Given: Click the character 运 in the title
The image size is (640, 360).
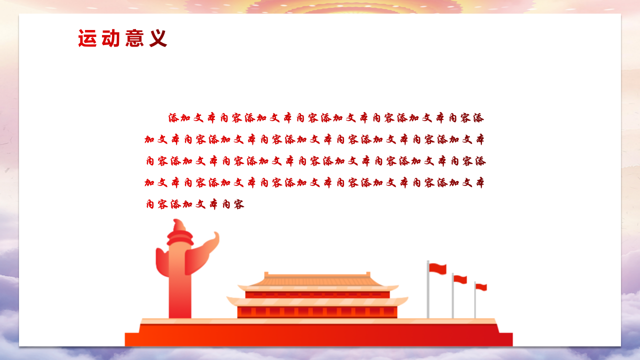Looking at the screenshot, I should pyautogui.click(x=87, y=38).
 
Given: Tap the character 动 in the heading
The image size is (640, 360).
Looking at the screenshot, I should pyautogui.click(x=110, y=38).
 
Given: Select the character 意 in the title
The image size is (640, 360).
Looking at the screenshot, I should pyautogui.click(x=134, y=38).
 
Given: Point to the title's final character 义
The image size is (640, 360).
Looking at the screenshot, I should pyautogui.click(x=158, y=38).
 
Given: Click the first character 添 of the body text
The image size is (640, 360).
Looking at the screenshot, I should pyautogui.click(x=173, y=118).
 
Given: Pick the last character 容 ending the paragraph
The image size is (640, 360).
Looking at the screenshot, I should pyautogui.click(x=238, y=204).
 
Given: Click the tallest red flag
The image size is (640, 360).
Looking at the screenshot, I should pyautogui.click(x=438, y=268).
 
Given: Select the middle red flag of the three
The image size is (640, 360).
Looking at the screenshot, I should pyautogui.click(x=460, y=279).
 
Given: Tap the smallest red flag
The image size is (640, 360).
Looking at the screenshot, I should pyautogui.click(x=481, y=287).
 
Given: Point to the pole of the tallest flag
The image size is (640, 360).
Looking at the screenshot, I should pyautogui.click(x=428, y=295).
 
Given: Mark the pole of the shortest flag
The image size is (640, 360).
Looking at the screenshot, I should pyautogui.click(x=475, y=302).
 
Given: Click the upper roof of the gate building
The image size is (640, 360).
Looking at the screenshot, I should pyautogui.click(x=318, y=280).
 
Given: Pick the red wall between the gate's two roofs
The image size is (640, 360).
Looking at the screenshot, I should pyautogui.click(x=317, y=294).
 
